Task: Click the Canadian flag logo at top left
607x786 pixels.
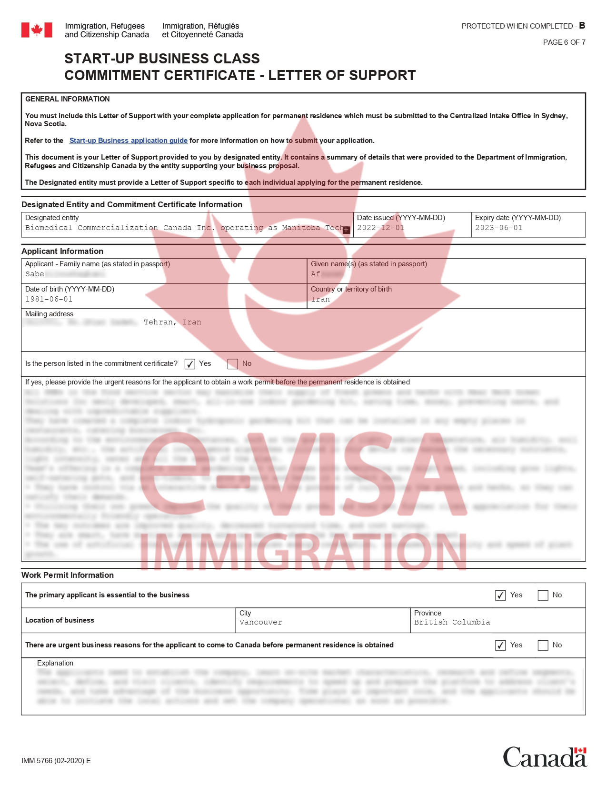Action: tap(37, 30)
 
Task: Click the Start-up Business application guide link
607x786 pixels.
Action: tap(128, 141)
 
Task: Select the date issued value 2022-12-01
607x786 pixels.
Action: tap(380, 228)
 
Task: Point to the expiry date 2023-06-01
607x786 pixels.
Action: tap(498, 228)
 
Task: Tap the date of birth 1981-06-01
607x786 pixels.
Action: tap(49, 299)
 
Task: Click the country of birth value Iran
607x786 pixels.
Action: tap(320, 299)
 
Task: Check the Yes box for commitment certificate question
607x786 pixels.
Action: tap(189, 364)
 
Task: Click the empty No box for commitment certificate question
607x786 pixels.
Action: tap(232, 364)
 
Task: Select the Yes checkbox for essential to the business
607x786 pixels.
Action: tap(500, 595)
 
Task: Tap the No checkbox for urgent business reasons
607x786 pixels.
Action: tap(543, 645)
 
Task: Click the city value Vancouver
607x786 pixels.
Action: tap(260, 622)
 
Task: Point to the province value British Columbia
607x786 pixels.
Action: tap(452, 622)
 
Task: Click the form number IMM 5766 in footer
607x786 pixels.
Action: tap(56, 761)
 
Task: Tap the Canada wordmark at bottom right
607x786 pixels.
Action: tap(545, 757)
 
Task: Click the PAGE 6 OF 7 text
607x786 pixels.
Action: tap(564, 42)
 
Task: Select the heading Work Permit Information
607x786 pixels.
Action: tap(68, 575)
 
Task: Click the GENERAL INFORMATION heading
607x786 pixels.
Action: tap(67, 99)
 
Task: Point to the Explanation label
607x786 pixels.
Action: tap(55, 663)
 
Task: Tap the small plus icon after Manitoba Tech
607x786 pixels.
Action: tap(346, 230)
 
